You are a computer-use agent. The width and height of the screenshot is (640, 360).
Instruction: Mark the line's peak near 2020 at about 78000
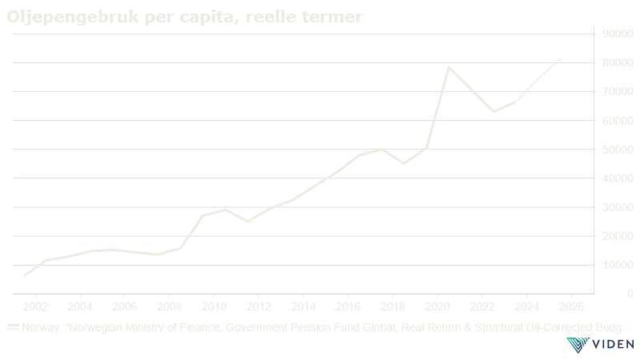449,67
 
